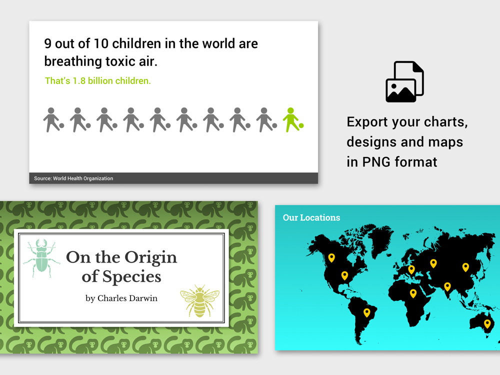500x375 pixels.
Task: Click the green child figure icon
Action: point(292,120)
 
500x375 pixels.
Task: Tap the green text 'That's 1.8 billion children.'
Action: point(97,80)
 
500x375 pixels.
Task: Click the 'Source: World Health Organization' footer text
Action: point(73,178)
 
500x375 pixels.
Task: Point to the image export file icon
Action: point(404,81)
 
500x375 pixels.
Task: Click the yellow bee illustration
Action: point(199,301)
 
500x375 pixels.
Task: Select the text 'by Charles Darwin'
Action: point(121,298)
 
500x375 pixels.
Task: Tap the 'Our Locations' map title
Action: point(311,217)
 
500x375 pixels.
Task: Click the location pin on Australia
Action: point(487,324)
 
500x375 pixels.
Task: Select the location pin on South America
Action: point(366,313)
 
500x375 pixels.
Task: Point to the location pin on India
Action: point(447,286)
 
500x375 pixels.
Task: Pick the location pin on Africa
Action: point(413,293)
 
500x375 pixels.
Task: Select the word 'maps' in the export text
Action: point(445,142)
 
